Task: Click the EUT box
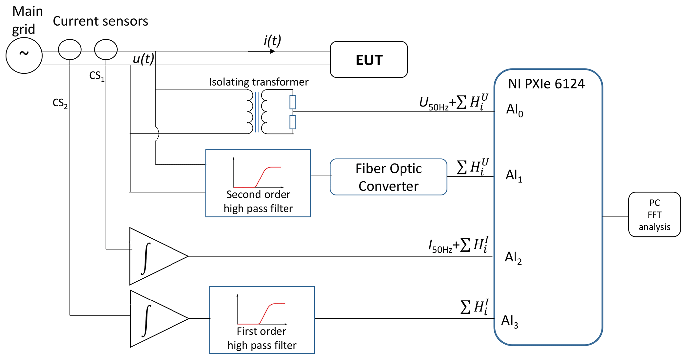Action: coord(369,60)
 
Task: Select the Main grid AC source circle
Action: coord(24,55)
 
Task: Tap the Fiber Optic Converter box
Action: coord(388,177)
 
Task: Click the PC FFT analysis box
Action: coord(654,214)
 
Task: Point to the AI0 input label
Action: coord(514,110)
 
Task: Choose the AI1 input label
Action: coord(514,176)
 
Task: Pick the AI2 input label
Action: coord(513,258)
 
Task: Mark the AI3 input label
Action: coord(509,321)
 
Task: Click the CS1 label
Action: coord(97,76)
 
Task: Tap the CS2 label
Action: coord(60,103)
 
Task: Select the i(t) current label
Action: coord(272,41)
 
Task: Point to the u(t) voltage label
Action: coord(143,59)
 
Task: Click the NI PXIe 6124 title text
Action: coord(546,84)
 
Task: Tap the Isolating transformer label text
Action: coord(259,82)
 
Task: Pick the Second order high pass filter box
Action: coord(258,183)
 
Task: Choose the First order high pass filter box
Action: coord(262,320)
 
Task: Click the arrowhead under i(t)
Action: coord(272,51)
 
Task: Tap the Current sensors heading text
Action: coord(100,21)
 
